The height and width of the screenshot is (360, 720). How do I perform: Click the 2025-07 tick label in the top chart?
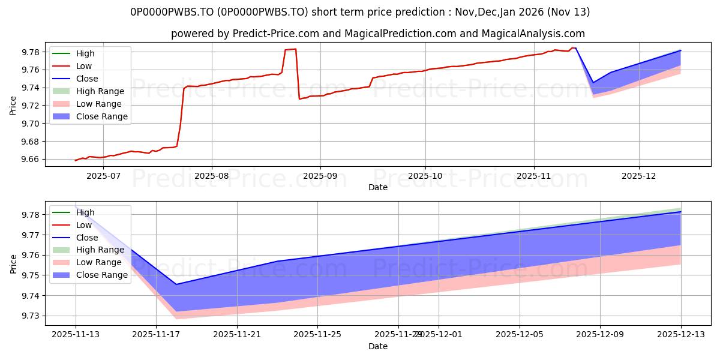point(103,176)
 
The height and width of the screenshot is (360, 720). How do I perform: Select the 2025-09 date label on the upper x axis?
point(320,176)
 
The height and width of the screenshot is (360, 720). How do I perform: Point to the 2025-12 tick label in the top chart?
point(638,176)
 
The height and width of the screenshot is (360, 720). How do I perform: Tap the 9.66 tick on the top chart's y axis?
point(31,160)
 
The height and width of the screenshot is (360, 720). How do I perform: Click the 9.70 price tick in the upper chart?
point(31,124)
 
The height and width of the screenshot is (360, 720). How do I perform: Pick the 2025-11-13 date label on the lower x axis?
point(76,335)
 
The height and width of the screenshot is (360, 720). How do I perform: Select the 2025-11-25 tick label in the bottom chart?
point(317,335)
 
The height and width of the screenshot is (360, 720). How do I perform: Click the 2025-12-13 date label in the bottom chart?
point(681,335)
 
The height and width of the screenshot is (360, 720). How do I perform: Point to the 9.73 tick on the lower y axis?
point(31,316)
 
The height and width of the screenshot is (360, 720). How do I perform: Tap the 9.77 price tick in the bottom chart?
point(31,235)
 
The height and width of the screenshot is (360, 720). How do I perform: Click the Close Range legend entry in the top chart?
point(90,116)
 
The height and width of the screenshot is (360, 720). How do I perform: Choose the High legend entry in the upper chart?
point(73,53)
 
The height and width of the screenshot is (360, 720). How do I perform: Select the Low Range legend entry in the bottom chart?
point(87,262)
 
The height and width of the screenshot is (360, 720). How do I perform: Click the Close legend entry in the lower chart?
point(75,238)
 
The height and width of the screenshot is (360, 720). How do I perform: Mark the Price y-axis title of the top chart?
point(13,106)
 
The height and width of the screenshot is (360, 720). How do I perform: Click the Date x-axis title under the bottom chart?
point(378,347)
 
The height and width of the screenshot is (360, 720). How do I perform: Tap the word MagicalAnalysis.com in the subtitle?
point(533,34)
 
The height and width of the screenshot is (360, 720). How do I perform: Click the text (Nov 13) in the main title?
point(568,12)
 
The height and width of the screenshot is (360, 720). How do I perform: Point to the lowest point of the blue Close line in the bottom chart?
point(176,284)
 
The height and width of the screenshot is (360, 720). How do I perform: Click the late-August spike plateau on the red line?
point(290,49)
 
